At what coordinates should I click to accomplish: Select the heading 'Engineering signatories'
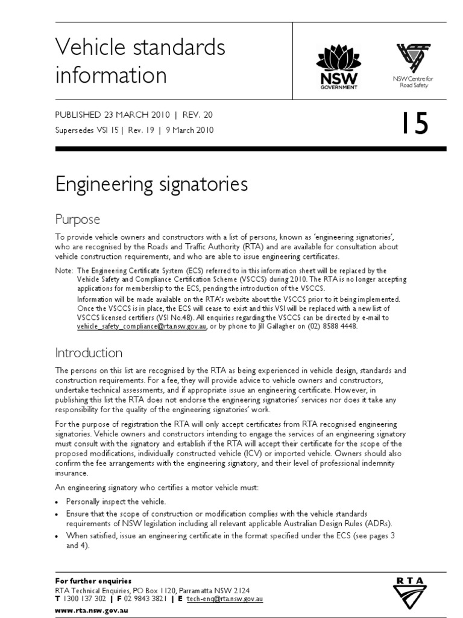151,184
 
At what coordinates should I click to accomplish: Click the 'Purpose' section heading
77,218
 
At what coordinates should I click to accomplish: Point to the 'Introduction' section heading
89,352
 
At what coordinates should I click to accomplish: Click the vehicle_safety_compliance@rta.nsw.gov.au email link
142,326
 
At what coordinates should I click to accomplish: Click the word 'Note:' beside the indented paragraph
64,271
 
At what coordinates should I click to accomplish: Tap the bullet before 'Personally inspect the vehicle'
57,502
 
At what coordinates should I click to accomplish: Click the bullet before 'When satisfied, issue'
57,536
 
